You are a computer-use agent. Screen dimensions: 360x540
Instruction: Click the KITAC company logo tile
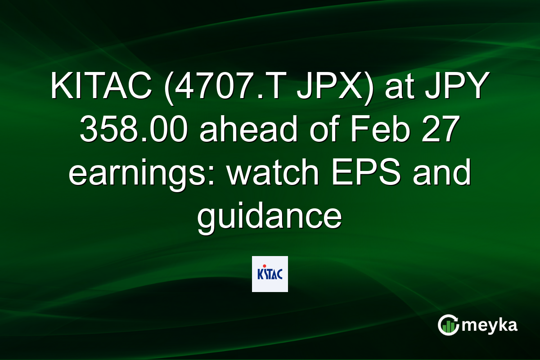click(x=270, y=274)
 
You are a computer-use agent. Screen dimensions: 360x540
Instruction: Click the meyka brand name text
click(x=490, y=325)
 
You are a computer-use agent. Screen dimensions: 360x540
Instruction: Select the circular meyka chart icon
click(x=449, y=325)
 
